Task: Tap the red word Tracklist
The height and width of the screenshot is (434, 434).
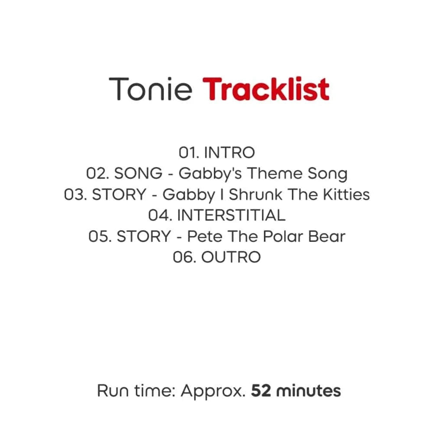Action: pyautogui.click(x=266, y=89)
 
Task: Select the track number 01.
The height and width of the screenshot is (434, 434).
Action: pyautogui.click(x=189, y=152)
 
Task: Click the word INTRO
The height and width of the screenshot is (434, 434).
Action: pyautogui.click(x=229, y=152)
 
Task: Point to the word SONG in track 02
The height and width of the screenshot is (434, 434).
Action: pyautogui.click(x=138, y=173)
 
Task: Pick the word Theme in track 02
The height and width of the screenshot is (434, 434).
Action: pyautogui.click(x=275, y=173)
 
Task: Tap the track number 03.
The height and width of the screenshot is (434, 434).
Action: pyautogui.click(x=75, y=194)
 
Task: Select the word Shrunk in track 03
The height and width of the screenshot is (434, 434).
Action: pyautogui.click(x=255, y=194)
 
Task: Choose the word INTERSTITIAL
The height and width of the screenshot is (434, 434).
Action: pyautogui.click(x=231, y=215)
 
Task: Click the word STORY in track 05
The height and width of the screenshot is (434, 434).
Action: pyautogui.click(x=144, y=236)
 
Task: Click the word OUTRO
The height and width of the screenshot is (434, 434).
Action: pyautogui.click(x=231, y=257)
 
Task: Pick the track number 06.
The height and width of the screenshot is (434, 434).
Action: pyautogui.click(x=184, y=257)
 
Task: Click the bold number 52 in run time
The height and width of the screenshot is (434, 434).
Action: pyautogui.click(x=261, y=391)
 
